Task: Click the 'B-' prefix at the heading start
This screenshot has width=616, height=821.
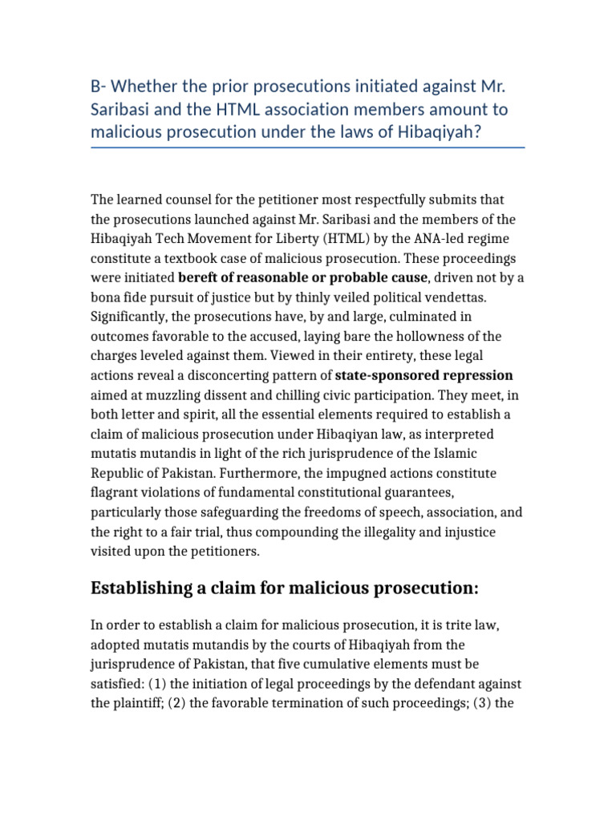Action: pyautogui.click(x=100, y=84)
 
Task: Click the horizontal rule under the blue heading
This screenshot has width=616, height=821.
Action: pyautogui.click(x=308, y=148)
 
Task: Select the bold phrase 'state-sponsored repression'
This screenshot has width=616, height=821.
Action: pyautogui.click(x=423, y=375)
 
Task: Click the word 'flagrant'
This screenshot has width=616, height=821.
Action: pyautogui.click(x=115, y=492)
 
